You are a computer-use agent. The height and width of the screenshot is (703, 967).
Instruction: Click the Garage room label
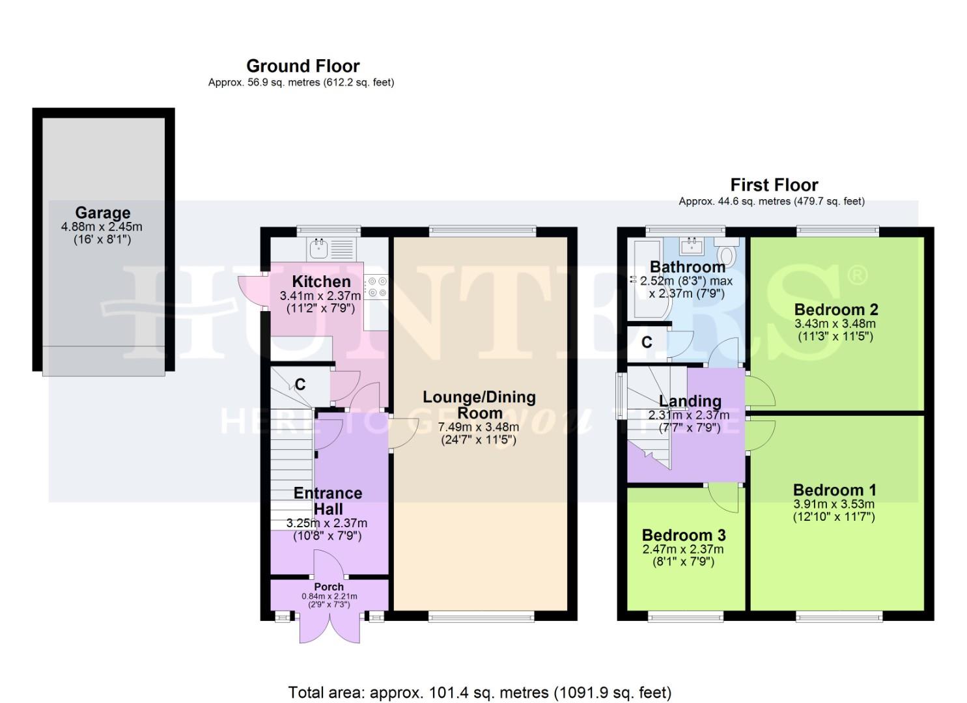pos(102,213)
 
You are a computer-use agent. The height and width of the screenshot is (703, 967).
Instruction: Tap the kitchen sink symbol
pos(320,247)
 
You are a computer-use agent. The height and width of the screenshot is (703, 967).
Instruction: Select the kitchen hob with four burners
pos(376,287)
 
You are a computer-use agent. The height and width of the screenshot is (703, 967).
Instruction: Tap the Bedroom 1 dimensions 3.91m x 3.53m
pos(834,504)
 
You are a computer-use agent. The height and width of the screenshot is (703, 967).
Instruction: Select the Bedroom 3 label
pos(683,535)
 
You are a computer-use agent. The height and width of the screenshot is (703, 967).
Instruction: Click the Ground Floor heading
pos(303,66)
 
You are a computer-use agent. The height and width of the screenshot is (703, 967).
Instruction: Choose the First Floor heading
pos(774,185)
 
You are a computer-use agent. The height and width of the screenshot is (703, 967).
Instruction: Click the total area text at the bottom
pos(479,693)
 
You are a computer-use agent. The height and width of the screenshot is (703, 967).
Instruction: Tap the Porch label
pos(329,586)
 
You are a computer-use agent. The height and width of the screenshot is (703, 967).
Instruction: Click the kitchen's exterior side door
pos(251,292)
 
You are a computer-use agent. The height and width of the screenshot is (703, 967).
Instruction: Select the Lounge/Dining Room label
pos(479,404)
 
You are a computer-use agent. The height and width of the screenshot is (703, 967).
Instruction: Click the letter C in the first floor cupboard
pos(647,342)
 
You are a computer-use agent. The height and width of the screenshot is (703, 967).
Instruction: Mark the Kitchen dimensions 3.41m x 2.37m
pos(320,296)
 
